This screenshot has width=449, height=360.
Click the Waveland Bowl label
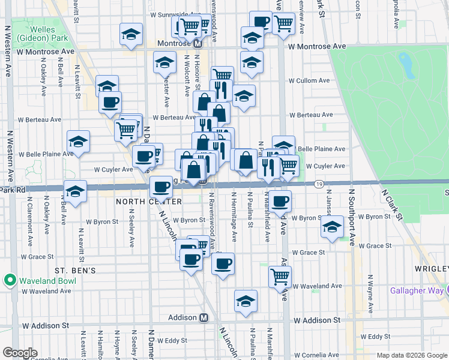pos(44,280)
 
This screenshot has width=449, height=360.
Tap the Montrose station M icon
pos(196,44)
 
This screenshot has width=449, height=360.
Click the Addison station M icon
pos(203,317)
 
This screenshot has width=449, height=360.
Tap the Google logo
pos(20,353)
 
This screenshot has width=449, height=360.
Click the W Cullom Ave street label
pos(309,80)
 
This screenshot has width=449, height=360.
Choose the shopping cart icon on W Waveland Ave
pos(280,277)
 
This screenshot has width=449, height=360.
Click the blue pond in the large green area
pos(406,65)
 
